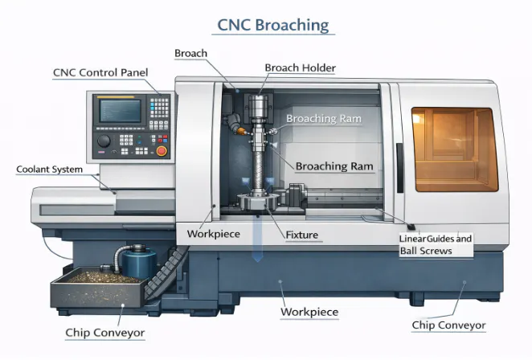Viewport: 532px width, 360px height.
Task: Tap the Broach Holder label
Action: click(x=300, y=68)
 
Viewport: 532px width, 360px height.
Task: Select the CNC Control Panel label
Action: click(x=100, y=72)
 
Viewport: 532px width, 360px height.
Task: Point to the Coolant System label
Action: click(x=49, y=170)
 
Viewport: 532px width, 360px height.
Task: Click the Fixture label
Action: click(x=302, y=235)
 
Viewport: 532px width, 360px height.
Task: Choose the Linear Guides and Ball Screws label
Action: click(x=436, y=245)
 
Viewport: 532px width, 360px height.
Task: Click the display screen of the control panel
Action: click(x=120, y=110)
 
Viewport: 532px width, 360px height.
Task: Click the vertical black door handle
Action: click(x=399, y=164)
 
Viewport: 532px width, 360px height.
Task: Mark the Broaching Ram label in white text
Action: click(x=324, y=119)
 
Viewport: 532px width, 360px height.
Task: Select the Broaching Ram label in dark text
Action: click(x=332, y=166)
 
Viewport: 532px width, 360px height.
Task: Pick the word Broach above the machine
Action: click(x=190, y=53)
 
